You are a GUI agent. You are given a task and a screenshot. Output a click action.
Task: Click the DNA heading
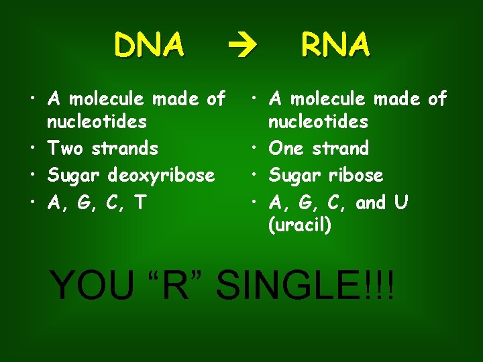(x=149, y=46)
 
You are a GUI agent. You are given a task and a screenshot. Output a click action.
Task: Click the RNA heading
(x=335, y=46)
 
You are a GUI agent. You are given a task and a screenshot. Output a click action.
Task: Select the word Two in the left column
(x=68, y=148)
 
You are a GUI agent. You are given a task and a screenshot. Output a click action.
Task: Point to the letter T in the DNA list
(x=140, y=202)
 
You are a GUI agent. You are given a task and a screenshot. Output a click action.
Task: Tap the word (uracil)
(x=300, y=225)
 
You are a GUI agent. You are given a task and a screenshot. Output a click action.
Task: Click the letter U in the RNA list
(x=401, y=202)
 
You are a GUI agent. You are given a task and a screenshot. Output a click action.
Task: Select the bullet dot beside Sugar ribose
(x=254, y=176)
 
